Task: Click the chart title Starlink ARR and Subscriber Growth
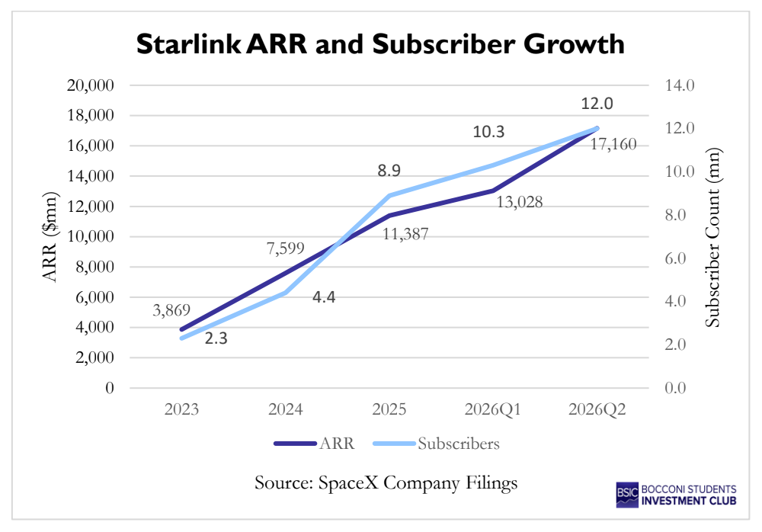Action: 380,44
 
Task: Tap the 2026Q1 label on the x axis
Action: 493,409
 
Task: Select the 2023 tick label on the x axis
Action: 182,409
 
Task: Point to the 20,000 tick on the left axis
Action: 91,85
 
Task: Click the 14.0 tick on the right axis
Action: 680,85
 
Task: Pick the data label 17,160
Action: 613,144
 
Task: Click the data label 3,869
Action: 171,309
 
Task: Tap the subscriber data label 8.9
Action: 389,170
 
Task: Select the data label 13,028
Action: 520,202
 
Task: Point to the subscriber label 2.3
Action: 216,338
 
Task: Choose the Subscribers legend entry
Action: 437,444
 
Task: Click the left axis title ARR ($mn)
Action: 50,237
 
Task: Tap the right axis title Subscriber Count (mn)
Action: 712,237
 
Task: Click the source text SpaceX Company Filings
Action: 418,483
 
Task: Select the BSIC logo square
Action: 627,495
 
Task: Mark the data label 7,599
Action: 285,248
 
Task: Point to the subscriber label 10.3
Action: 489,132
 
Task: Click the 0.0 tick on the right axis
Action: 675,388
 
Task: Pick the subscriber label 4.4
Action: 324,296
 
